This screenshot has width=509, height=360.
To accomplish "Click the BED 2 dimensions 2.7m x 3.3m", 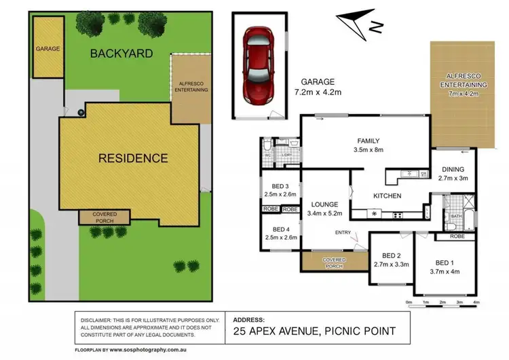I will (391, 265).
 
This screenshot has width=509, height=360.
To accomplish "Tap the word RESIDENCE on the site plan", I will (133, 158).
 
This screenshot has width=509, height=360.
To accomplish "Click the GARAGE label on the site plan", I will (48, 49).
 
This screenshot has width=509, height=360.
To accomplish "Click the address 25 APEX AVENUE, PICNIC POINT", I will (313, 331).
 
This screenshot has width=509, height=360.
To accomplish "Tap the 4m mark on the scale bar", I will (476, 302).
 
